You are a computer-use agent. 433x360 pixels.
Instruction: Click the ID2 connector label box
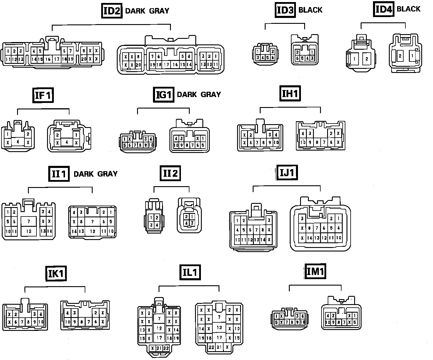coord(112,11)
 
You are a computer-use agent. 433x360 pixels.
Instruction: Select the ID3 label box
coord(285,10)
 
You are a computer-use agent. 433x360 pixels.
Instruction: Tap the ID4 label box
coord(384,9)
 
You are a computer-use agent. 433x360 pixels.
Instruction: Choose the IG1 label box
coord(164,95)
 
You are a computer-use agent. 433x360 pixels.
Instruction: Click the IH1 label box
coord(290,94)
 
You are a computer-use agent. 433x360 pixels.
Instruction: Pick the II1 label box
coord(59,174)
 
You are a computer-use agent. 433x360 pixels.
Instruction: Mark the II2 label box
coord(170,173)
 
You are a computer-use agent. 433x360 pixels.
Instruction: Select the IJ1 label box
coord(287,173)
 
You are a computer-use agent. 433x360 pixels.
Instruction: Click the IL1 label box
coord(190,272)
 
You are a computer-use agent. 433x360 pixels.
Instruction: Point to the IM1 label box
coord(315,271)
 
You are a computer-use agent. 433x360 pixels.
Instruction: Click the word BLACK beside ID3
coord(310,10)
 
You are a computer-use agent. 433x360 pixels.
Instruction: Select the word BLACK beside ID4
coord(409,9)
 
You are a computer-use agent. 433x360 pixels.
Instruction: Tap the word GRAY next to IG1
coord(210,95)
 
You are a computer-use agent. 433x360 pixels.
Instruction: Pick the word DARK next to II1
coord(84,174)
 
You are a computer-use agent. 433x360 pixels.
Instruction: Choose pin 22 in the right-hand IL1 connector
coord(211,347)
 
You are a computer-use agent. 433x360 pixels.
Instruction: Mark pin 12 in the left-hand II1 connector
coord(29,231)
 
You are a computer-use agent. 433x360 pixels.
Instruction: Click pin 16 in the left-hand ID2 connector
coord(48,59)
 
